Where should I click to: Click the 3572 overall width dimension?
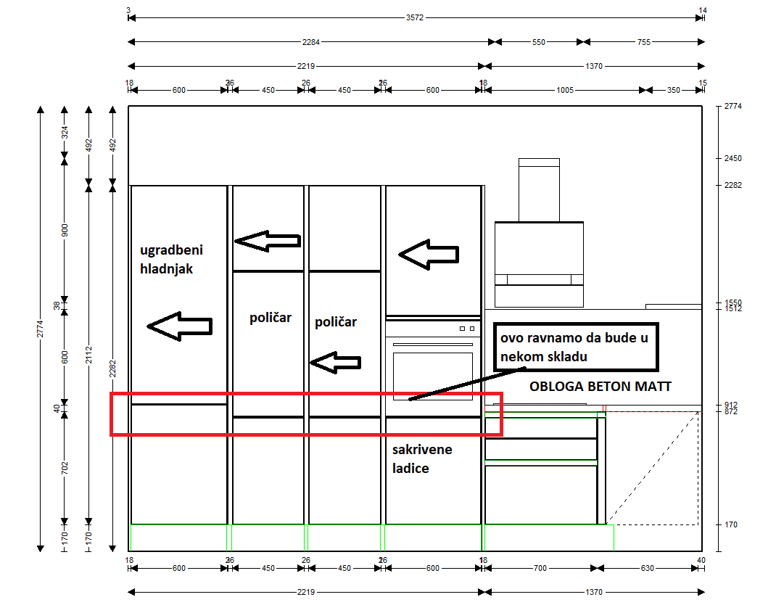pyautogui.click(x=415, y=18)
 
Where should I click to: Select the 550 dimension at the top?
pyautogui.click(x=538, y=42)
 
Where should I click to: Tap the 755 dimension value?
pyautogui.click(x=644, y=42)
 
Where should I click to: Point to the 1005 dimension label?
pyautogui.click(x=565, y=90)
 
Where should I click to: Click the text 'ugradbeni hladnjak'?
pyautogui.click(x=171, y=260)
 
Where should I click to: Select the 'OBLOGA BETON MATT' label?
pyautogui.click(x=600, y=386)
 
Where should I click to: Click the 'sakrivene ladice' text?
pyautogui.click(x=422, y=459)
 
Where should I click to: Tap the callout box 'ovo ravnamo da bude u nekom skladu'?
pyautogui.click(x=576, y=347)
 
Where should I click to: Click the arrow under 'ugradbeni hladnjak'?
pyautogui.click(x=180, y=326)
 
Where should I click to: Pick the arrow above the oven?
pyautogui.click(x=429, y=255)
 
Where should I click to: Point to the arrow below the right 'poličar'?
pyautogui.click(x=335, y=363)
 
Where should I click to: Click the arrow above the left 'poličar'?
pyautogui.click(x=268, y=241)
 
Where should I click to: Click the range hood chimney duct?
pyautogui.click(x=539, y=190)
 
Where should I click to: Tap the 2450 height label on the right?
pyautogui.click(x=733, y=158)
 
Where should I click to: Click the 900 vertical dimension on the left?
pyautogui.click(x=65, y=230)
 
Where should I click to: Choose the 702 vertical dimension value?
pyautogui.click(x=65, y=468)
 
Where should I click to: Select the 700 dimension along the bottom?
pyautogui.click(x=540, y=568)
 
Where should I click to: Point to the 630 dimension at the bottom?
pyautogui.click(x=648, y=568)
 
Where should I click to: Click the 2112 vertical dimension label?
pyautogui.click(x=88, y=355)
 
